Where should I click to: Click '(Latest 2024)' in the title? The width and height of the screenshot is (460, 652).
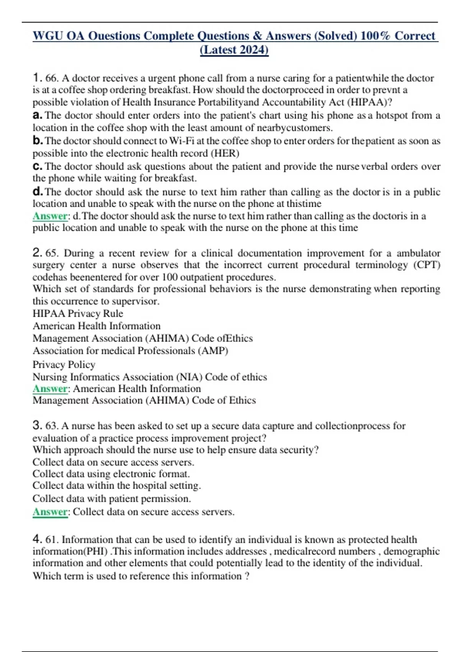point(234,50)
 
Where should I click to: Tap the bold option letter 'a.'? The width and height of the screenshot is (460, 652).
point(38,115)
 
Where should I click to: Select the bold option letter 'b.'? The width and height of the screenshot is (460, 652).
point(38,141)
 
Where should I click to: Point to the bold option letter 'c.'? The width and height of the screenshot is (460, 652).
point(38,166)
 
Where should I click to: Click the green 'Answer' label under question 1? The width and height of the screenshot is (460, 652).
point(50,216)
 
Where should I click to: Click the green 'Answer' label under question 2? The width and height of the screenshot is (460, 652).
point(50,389)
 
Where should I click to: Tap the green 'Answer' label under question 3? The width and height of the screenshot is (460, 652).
point(50,512)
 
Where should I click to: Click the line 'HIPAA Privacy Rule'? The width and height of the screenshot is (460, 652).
point(78,313)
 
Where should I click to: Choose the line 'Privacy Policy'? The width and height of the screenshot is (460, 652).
point(64,364)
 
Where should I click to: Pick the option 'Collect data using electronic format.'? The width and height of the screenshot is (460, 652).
point(111,474)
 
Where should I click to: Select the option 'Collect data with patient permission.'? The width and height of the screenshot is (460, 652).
point(112,499)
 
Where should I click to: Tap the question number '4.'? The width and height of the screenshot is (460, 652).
point(37,539)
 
